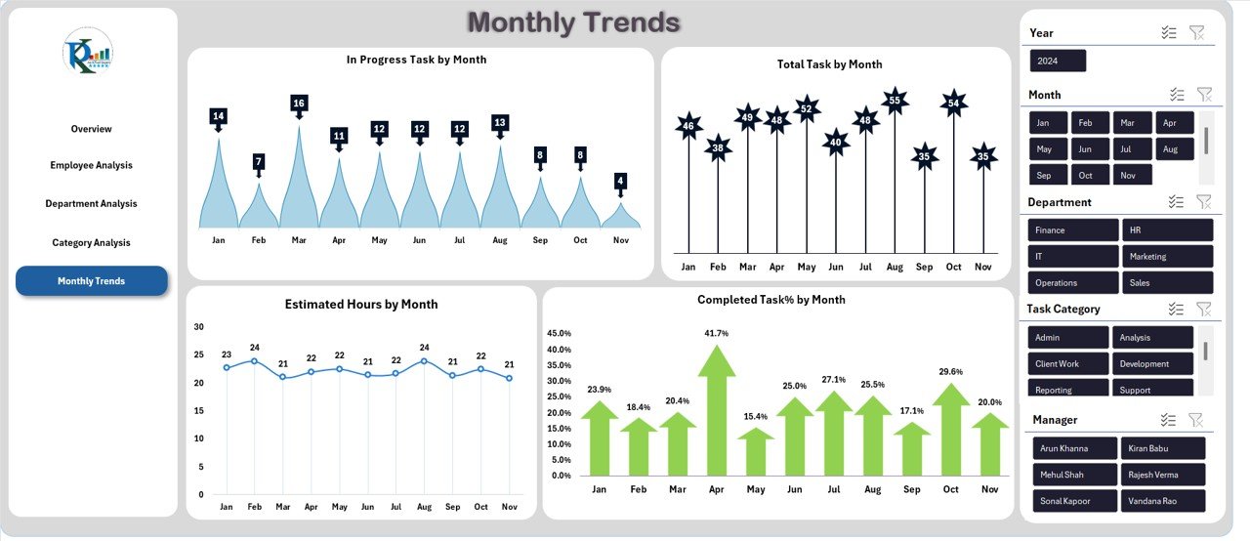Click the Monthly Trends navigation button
(91, 281)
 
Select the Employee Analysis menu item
(91, 165)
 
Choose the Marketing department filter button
(1167, 257)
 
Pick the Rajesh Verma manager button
(1162, 475)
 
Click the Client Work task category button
(1067, 363)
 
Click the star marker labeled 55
(895, 100)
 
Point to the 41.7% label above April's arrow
(716, 334)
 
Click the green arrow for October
(951, 430)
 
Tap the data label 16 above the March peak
(299, 104)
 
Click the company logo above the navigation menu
(88, 52)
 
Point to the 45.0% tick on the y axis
(558, 334)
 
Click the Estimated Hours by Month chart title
(361, 305)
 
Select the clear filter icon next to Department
(1204, 202)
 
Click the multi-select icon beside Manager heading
(1168, 420)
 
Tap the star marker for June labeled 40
(835, 143)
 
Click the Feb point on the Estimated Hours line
(254, 361)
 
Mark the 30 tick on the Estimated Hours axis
(199, 327)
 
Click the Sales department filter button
(1167, 283)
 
